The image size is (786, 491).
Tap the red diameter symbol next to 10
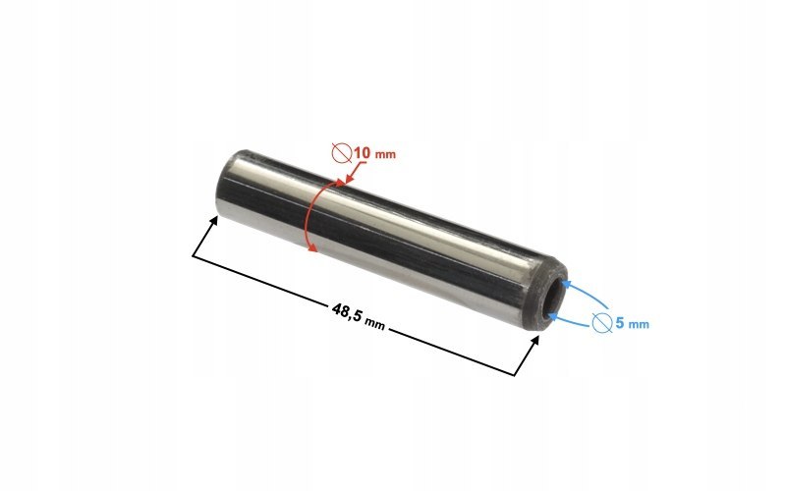point(342,153)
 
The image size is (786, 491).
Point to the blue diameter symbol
point(602,323)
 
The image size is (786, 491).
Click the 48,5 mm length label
point(359,316)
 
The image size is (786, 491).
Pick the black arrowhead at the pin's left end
point(213,221)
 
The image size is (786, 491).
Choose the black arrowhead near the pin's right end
point(534,341)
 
